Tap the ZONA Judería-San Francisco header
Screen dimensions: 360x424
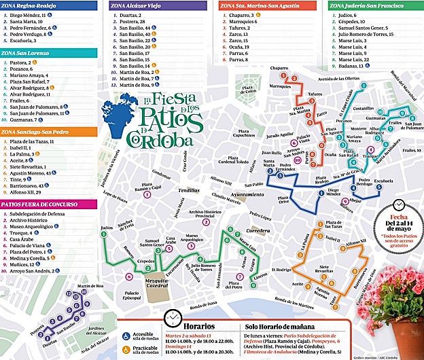coord(368,5)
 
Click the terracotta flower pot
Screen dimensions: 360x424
coord(407,340)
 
